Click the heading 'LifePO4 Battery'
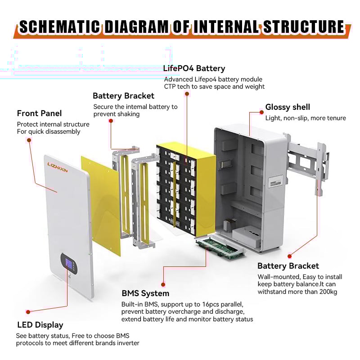[194, 69]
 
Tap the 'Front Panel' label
[40, 113]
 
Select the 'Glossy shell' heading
[288, 107]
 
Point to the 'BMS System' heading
[145, 293]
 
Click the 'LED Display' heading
[40, 325]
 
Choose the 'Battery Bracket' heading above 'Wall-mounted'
[288, 266]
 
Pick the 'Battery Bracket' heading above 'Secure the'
[123, 96]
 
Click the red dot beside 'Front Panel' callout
[29, 140]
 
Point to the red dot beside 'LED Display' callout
[28, 311]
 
